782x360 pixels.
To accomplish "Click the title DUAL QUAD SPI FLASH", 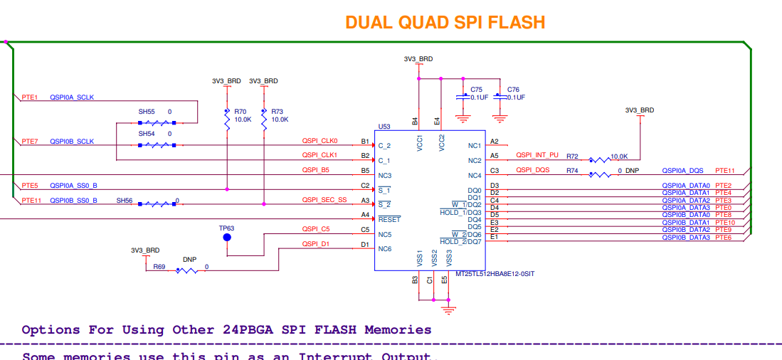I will click(x=445, y=22).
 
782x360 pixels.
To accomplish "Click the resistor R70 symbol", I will click(x=227, y=119).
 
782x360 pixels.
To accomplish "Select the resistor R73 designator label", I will click(x=277, y=112).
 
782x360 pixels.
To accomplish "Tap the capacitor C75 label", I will click(x=476, y=90).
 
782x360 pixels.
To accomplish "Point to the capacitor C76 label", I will click(x=513, y=90).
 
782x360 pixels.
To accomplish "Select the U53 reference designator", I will click(x=384, y=126).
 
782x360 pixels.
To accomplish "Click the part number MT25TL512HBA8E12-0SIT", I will click(x=495, y=274).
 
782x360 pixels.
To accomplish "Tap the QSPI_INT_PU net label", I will click(x=537, y=155).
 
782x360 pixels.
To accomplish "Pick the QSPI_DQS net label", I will click(x=532, y=171).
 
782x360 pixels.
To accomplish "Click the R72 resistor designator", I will click(x=573, y=156).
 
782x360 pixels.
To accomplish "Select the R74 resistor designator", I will click(x=573, y=171).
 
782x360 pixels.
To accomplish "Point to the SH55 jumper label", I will click(x=147, y=112).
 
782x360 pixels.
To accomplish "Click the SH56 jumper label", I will click(x=125, y=201).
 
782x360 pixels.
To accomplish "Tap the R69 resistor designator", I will click(x=159, y=267).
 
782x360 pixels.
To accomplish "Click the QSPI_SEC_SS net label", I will click(x=324, y=200).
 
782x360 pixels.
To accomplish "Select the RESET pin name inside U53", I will click(x=389, y=220).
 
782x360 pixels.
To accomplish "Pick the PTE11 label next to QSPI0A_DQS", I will click(x=725, y=171).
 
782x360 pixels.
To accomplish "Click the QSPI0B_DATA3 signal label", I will click(x=686, y=237).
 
